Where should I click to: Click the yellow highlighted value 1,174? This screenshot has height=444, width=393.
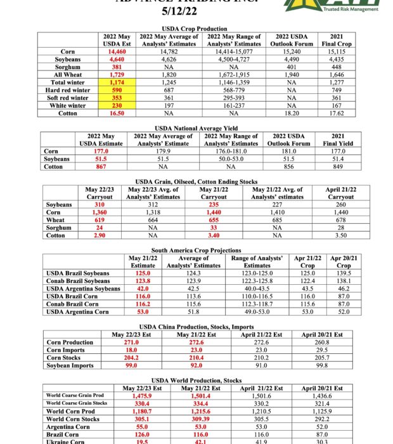pyautogui.click(x=117, y=83)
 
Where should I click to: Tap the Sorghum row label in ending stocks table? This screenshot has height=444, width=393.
pyautogui.click(x=60, y=227)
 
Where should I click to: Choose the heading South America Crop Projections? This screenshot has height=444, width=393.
pyautogui.click(x=196, y=251)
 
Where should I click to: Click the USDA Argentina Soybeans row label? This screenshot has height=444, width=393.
pyautogui.click(x=84, y=289)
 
